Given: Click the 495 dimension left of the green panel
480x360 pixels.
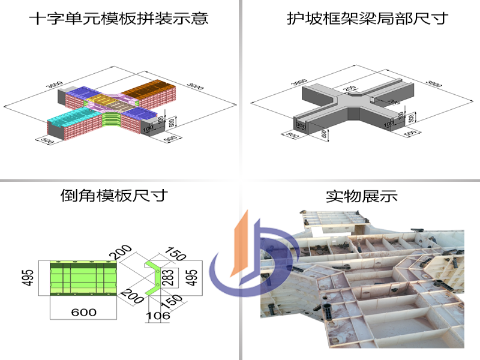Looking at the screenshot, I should pyautogui.click(x=28, y=278).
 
